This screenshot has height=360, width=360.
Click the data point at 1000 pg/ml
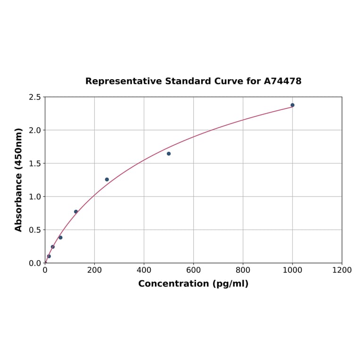293,105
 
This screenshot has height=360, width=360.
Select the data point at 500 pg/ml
169,154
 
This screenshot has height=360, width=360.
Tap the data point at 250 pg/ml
107,180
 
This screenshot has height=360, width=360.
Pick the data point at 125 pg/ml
76,212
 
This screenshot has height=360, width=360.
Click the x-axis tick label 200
94,270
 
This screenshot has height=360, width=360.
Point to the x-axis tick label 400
144,270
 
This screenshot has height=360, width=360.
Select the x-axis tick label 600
193,270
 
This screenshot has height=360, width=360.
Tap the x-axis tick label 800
243,270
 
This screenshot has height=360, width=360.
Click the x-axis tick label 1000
292,270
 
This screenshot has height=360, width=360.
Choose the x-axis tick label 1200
342,270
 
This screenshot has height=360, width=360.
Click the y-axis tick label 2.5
35,97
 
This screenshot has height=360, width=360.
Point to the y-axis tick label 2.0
35,130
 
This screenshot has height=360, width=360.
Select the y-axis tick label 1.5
35,164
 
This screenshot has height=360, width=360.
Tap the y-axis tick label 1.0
35,196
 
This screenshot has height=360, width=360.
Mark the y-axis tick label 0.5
35,230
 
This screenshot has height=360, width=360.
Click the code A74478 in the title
282,81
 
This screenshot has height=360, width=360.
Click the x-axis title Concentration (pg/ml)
193,284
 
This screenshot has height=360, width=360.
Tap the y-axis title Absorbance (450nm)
19,180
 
